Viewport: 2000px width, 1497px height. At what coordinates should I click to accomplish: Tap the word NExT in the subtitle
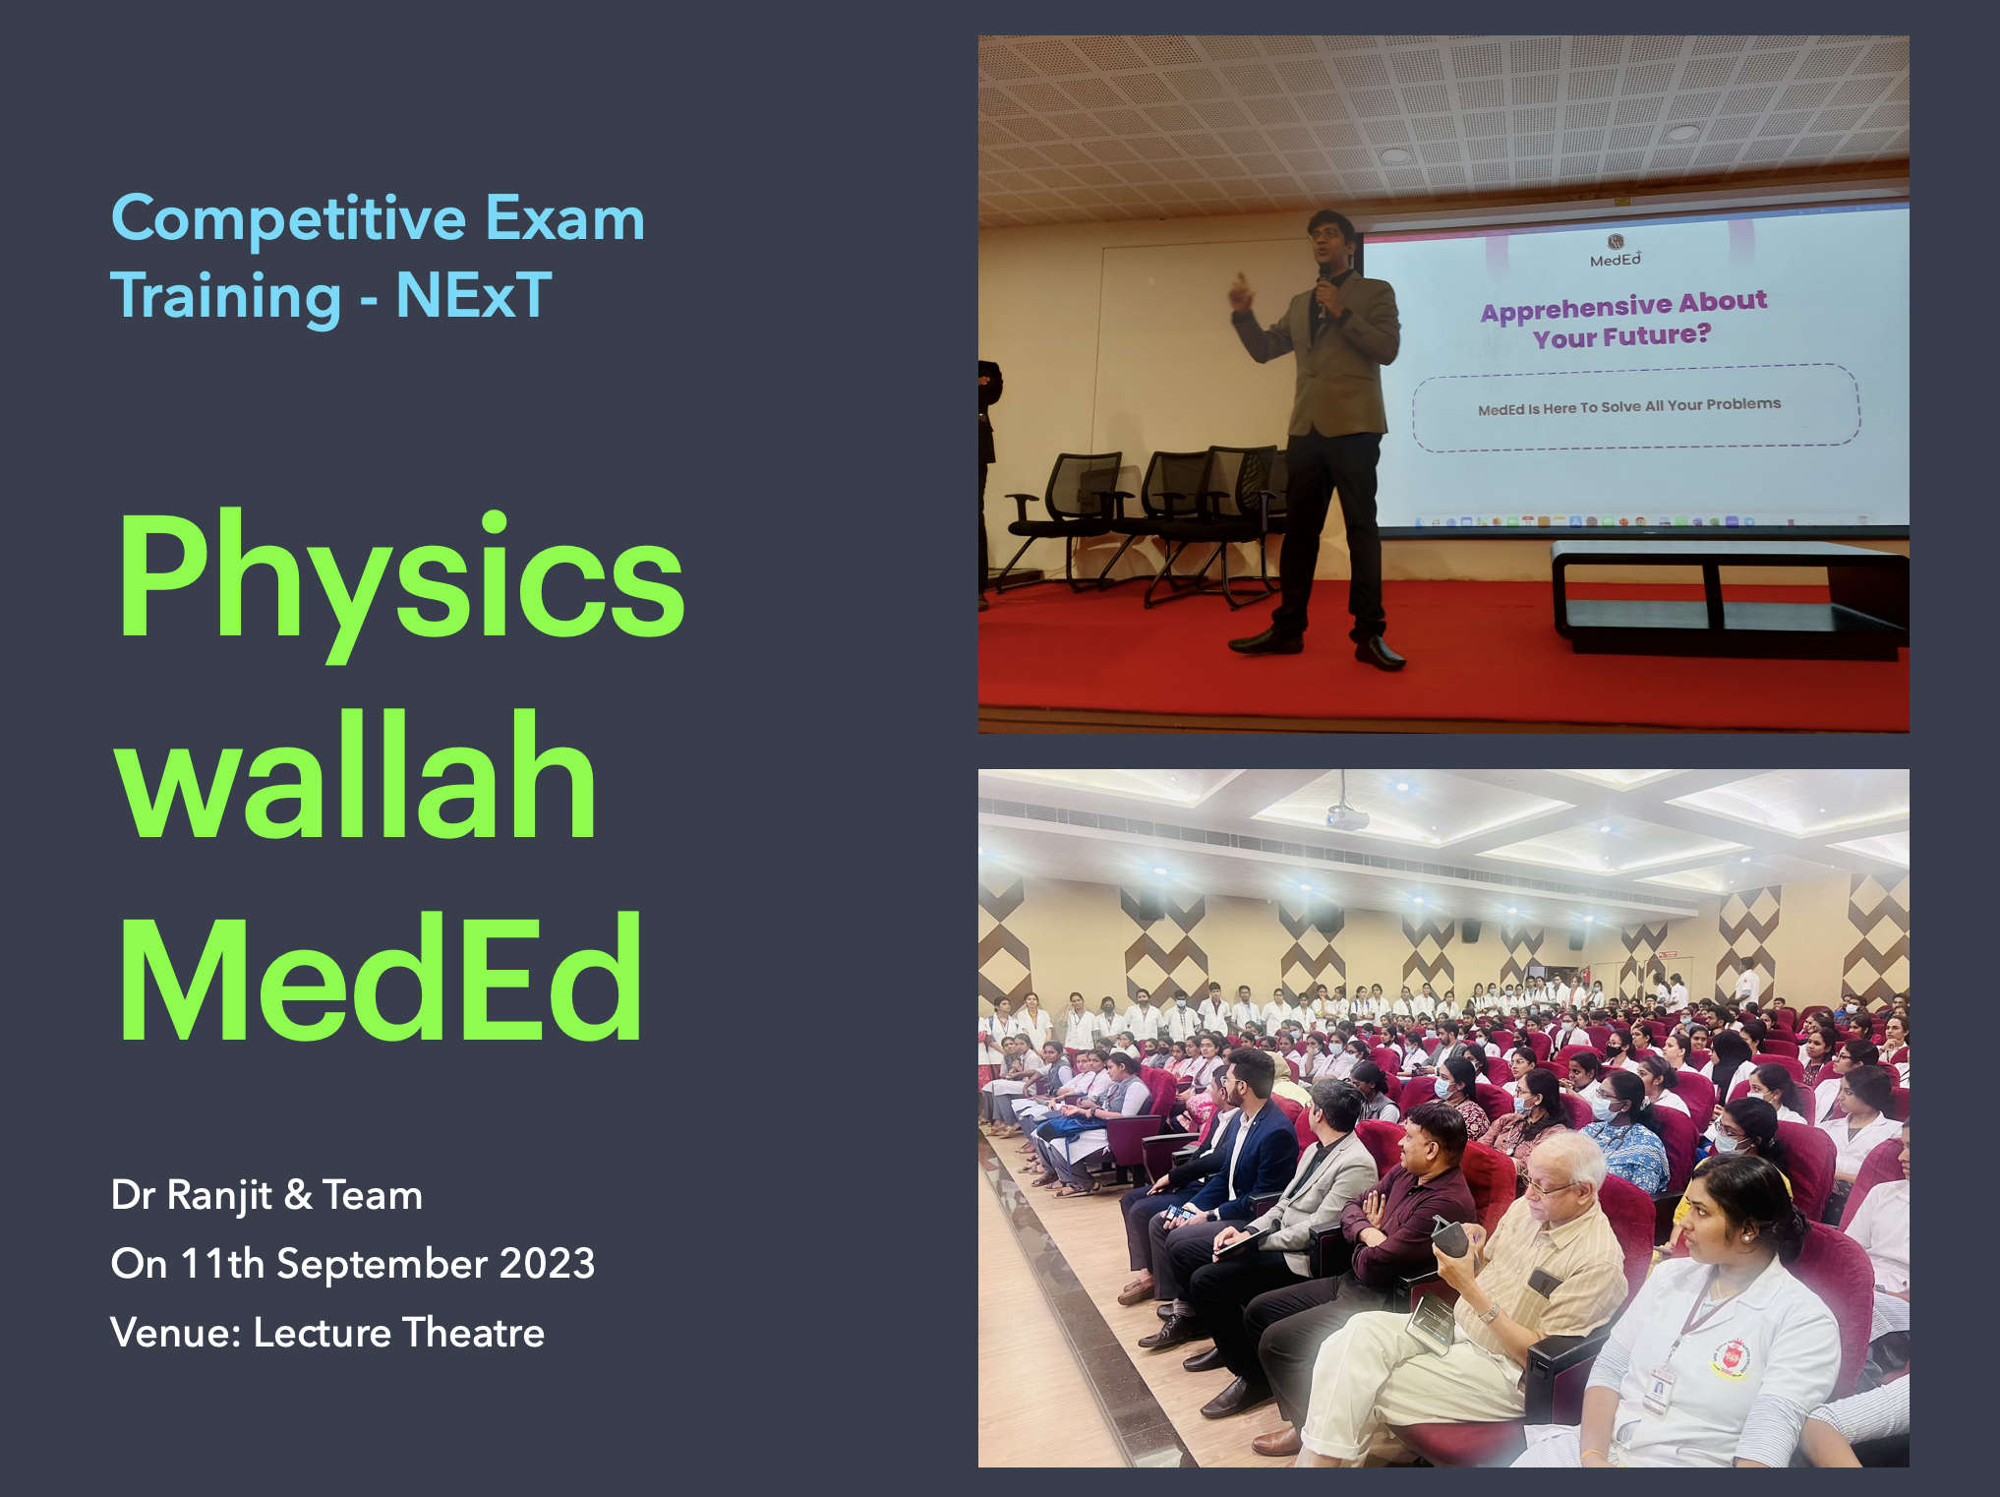[x=474, y=295]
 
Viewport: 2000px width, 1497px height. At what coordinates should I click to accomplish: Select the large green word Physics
[x=401, y=579]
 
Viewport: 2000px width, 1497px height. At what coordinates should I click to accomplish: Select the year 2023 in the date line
[x=547, y=1264]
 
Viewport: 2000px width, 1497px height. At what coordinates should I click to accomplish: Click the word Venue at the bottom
[x=176, y=1333]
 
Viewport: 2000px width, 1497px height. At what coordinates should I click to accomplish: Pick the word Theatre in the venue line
[x=473, y=1333]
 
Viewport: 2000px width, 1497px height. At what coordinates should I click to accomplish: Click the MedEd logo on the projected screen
[x=1616, y=251]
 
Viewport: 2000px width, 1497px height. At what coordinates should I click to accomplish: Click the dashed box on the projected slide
[x=1635, y=406]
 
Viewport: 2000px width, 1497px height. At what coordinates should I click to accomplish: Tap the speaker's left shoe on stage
[x=1379, y=652]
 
